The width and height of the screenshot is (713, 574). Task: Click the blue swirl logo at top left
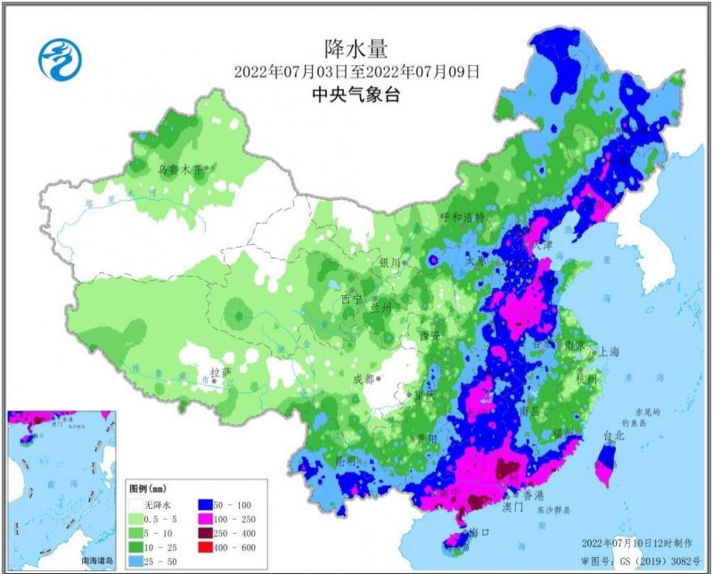click(60, 61)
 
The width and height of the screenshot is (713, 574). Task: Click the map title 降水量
click(356, 47)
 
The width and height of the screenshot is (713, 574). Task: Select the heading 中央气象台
click(356, 95)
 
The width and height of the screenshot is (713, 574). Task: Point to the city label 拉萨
click(219, 372)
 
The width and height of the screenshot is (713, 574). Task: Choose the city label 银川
click(390, 262)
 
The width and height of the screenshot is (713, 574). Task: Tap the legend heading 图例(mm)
click(148, 489)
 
